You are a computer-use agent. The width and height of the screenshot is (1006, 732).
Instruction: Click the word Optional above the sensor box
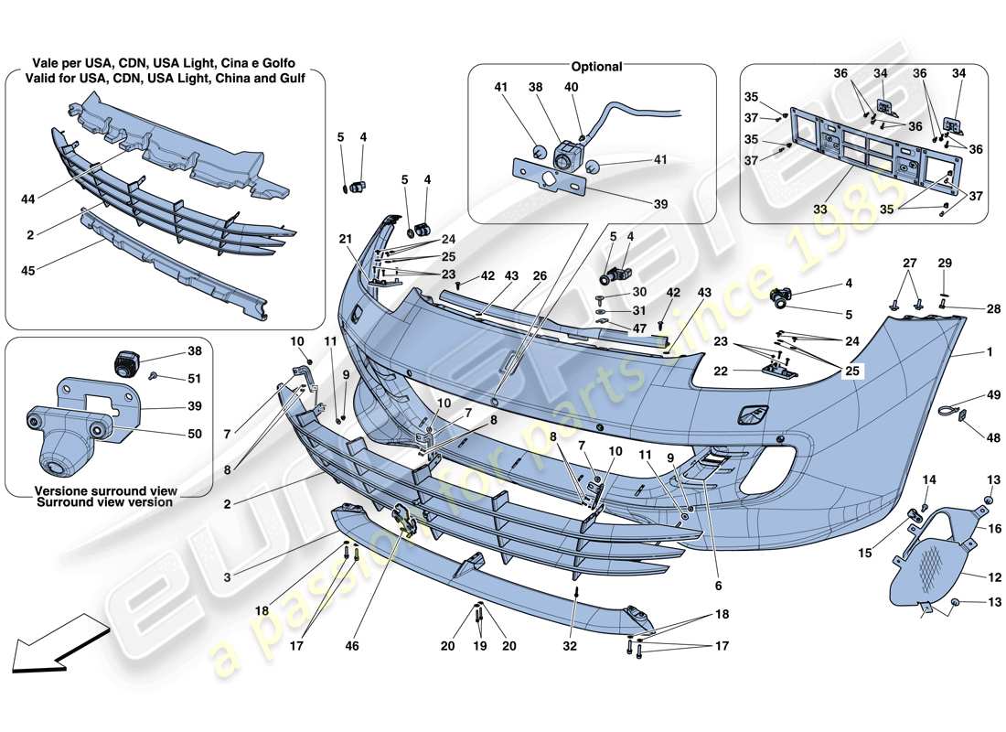(x=596, y=66)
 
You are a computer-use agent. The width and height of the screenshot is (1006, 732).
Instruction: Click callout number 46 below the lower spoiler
(x=353, y=646)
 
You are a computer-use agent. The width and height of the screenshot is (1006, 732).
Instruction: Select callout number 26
(x=539, y=274)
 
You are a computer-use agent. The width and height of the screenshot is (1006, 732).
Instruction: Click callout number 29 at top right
(x=944, y=263)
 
